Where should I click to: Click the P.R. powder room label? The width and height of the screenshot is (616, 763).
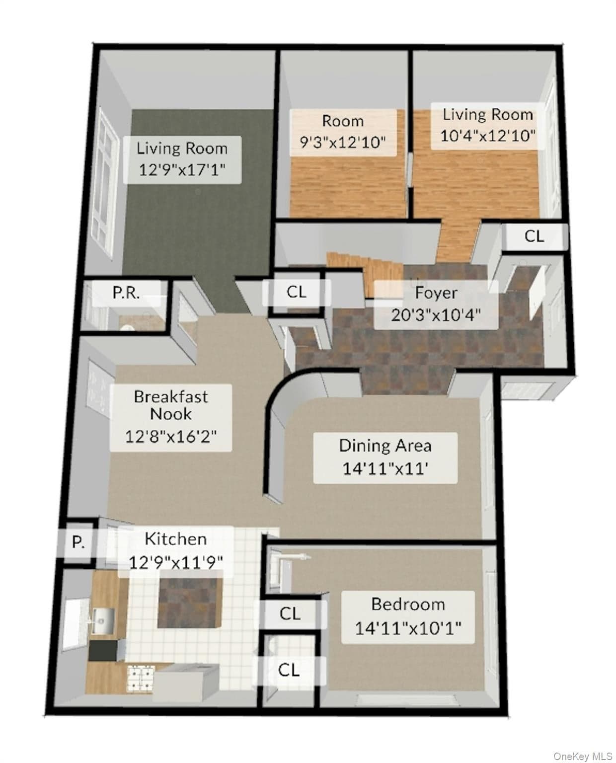click(x=126, y=293)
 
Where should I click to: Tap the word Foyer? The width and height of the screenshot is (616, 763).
click(x=436, y=294)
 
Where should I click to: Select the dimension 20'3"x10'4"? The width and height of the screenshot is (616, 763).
click(x=436, y=315)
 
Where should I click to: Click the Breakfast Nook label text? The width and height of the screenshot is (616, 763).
click(x=171, y=405)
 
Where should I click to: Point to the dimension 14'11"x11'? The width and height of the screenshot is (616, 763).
click(x=385, y=468)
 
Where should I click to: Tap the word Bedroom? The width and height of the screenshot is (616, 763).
click(x=408, y=605)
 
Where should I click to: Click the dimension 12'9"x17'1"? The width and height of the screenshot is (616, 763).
click(x=182, y=169)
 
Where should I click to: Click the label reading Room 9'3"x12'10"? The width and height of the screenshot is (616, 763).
click(x=343, y=132)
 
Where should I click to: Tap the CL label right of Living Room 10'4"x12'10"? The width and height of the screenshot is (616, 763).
click(x=534, y=236)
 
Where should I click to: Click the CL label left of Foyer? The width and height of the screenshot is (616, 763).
click(x=296, y=292)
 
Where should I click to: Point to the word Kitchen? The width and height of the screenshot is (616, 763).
click(x=175, y=539)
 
